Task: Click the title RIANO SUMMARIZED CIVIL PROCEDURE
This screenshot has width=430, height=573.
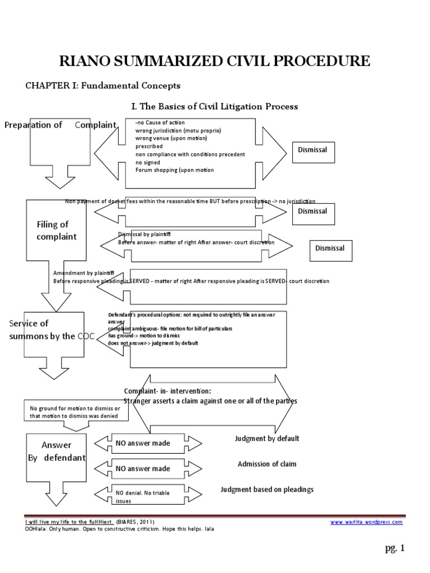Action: [x=215, y=61]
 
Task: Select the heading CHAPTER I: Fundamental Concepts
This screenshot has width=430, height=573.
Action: [x=103, y=86]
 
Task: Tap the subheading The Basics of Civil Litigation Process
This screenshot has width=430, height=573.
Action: [x=214, y=106]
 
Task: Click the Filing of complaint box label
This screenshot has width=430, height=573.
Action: [x=57, y=231]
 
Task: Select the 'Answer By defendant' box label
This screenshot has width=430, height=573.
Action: [x=57, y=451]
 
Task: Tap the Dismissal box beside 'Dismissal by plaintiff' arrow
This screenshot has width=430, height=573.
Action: [x=330, y=248]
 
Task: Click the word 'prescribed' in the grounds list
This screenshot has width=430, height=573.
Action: [x=149, y=146]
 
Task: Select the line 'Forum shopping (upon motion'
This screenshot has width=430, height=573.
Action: [x=175, y=170]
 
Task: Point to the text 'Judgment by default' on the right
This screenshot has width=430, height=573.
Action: [x=267, y=439]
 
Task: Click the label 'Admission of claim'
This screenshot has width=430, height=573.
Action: [x=267, y=464]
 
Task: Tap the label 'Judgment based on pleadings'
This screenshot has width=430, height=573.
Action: [x=267, y=490]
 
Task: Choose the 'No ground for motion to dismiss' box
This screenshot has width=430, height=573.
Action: [x=75, y=412]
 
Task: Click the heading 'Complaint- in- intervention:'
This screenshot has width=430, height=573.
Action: [x=167, y=391]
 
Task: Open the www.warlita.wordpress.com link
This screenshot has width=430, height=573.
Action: [x=366, y=522]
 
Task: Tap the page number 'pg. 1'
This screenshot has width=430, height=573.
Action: [x=394, y=548]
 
